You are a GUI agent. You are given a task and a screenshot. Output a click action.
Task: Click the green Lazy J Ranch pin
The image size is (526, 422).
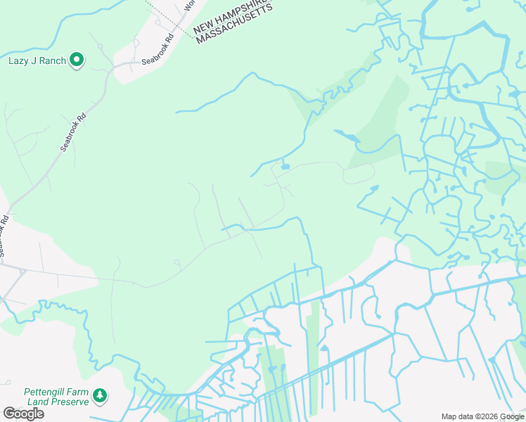[x=77, y=61]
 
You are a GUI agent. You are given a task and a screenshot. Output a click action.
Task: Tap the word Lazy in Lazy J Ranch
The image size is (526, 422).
[x=18, y=60]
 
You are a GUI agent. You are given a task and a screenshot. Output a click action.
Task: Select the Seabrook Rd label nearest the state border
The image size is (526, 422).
[x=157, y=51]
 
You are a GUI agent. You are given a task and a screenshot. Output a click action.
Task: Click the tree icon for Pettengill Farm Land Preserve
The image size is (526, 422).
[x=100, y=396]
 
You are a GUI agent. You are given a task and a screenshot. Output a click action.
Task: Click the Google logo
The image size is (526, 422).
[x=23, y=414]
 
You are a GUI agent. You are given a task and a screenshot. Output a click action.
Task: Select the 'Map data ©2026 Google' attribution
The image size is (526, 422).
[x=482, y=416]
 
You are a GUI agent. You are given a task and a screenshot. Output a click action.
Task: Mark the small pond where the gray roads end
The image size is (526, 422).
[x=284, y=167]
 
